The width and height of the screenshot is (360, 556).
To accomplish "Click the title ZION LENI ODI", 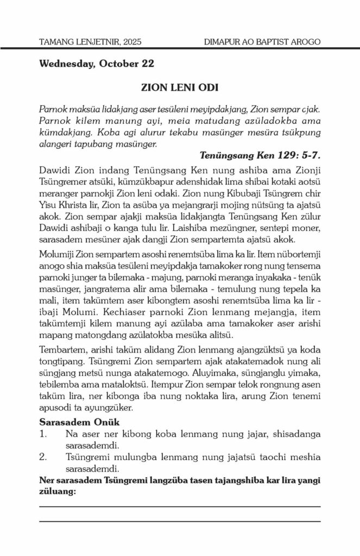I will (180, 86).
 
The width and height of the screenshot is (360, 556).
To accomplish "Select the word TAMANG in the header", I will (59, 41).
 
